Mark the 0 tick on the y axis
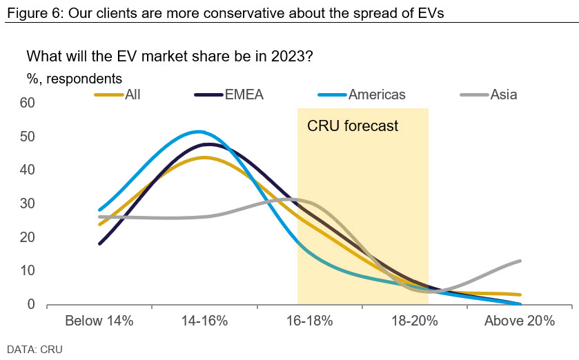pyautogui.click(x=30, y=304)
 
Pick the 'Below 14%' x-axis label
pyautogui.click(x=99, y=321)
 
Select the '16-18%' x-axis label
pyautogui.click(x=310, y=321)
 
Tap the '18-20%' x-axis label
pyautogui.click(x=414, y=321)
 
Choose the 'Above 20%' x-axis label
pyautogui.click(x=520, y=321)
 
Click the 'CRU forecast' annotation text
pyautogui.click(x=353, y=126)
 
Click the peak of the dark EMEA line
pyautogui.click(x=208, y=144)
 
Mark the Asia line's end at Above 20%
pyautogui.click(x=519, y=261)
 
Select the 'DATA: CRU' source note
pyautogui.click(x=35, y=349)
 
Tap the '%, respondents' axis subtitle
pyautogui.click(x=75, y=79)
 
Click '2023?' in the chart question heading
pyautogui.click(x=295, y=56)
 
